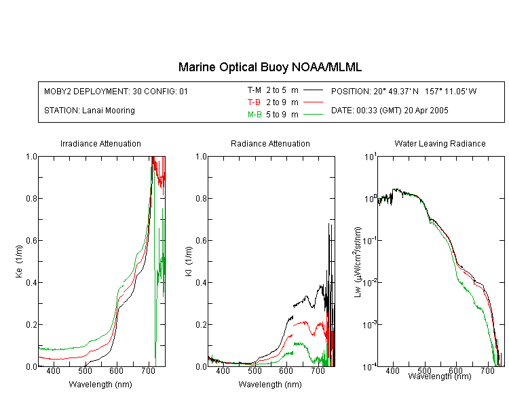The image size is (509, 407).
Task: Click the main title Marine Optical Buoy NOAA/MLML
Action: pos(269,67)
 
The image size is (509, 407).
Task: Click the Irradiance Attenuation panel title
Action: pos(100,143)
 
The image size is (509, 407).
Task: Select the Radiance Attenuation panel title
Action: pos(270,143)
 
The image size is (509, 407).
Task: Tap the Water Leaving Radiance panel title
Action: pos(440,143)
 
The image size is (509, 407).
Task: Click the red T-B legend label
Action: pos(254,102)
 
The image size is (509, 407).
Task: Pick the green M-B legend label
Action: pos(254,115)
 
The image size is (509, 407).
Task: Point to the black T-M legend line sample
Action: pos(313,90)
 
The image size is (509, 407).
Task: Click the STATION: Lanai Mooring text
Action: pos(90,111)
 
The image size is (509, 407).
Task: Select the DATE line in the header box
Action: pos(390,111)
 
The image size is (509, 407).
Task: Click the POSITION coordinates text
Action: pos(404,91)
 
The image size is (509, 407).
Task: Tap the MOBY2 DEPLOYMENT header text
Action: pos(116,91)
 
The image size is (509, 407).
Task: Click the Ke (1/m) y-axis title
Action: pos(19,261)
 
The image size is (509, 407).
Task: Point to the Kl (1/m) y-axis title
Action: pos(189,261)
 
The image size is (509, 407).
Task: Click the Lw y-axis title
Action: pos(358,262)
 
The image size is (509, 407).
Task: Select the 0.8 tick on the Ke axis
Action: pos(31,198)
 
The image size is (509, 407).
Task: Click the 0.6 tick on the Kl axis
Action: pos(202,241)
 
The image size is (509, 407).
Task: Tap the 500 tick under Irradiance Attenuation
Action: pos(85,371)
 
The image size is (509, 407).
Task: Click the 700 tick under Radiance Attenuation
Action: pos(318,371)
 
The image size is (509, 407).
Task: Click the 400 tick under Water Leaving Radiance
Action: pos(393,371)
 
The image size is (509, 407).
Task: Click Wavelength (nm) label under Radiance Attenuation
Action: pos(270,385)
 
